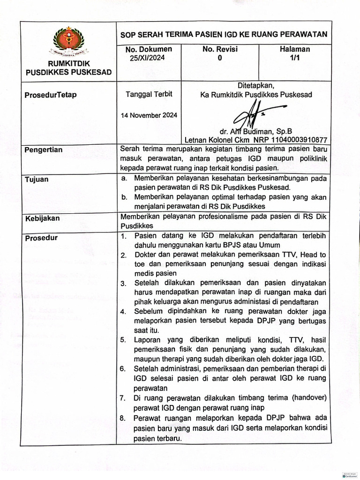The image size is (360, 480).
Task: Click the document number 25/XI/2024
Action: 148,58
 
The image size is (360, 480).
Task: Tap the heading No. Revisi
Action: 220,49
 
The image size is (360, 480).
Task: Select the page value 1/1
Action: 295,58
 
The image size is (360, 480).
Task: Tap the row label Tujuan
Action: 37,180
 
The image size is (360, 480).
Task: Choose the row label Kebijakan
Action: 43,218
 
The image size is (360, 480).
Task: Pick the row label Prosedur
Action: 42,238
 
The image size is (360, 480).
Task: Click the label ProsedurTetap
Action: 51,95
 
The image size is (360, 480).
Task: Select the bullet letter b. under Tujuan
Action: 124,197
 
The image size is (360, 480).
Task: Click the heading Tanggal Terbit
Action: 149,94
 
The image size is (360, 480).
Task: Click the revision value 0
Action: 220,58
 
